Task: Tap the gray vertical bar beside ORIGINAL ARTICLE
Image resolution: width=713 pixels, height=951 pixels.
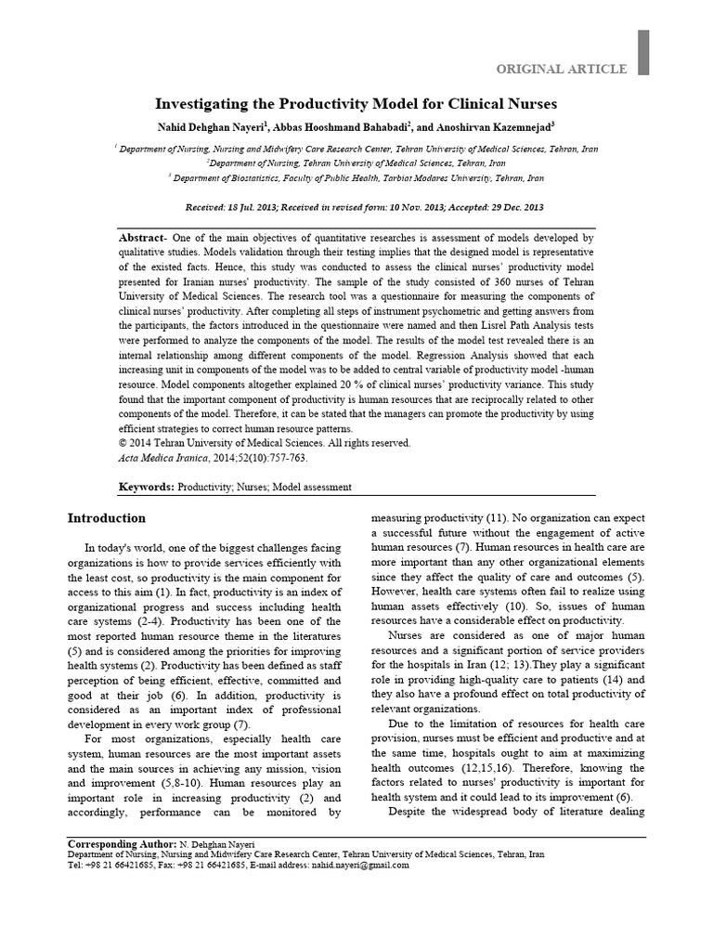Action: point(642,52)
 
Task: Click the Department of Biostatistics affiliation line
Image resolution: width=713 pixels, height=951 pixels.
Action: point(357,176)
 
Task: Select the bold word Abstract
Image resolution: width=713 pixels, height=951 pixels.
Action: point(140,238)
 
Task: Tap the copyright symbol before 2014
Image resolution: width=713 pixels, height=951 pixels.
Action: point(123,444)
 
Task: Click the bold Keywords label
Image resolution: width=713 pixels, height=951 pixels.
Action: point(146,487)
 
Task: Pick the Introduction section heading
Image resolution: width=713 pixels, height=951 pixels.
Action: point(108,517)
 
